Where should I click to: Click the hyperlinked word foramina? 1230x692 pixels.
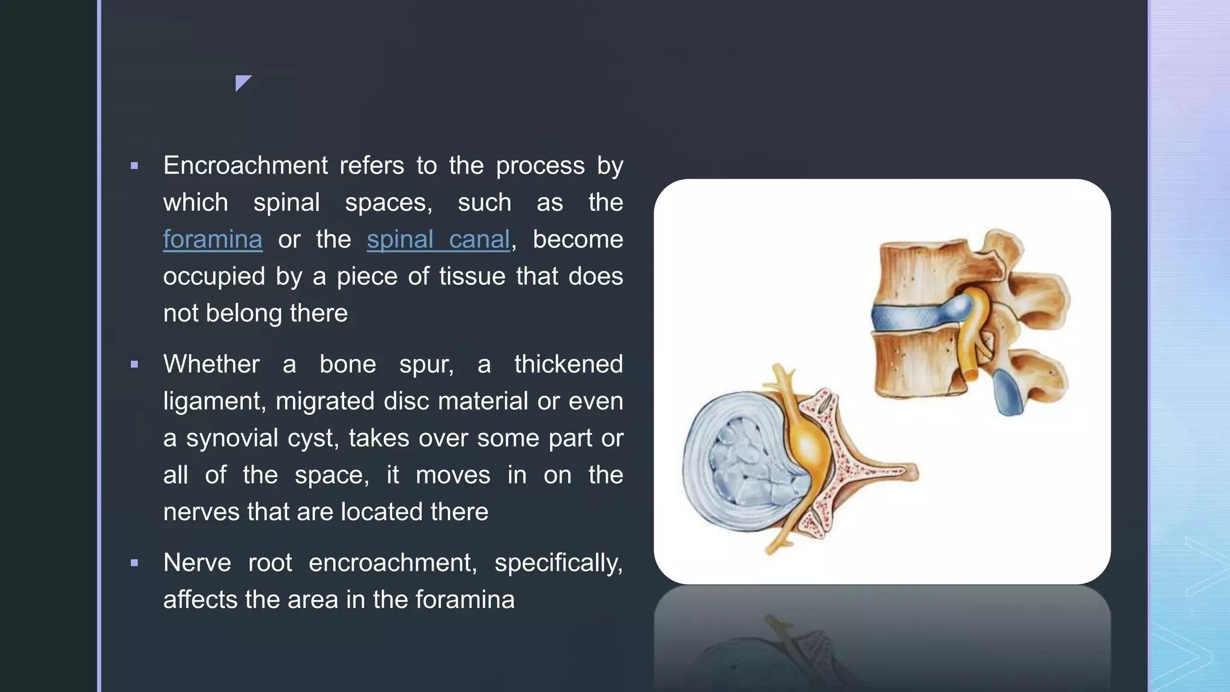[213, 240]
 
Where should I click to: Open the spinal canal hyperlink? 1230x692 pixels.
[438, 240]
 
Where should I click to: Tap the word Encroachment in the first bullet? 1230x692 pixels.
[246, 166]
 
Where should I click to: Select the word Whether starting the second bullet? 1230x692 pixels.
[211, 365]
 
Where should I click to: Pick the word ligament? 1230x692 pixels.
[214, 401]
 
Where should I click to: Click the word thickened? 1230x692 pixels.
[568, 365]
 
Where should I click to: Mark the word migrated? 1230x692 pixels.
[325, 401]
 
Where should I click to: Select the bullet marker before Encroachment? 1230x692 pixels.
[135, 166]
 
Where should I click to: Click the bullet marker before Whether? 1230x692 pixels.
[135, 365]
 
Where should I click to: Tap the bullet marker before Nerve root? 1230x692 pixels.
[135, 563]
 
